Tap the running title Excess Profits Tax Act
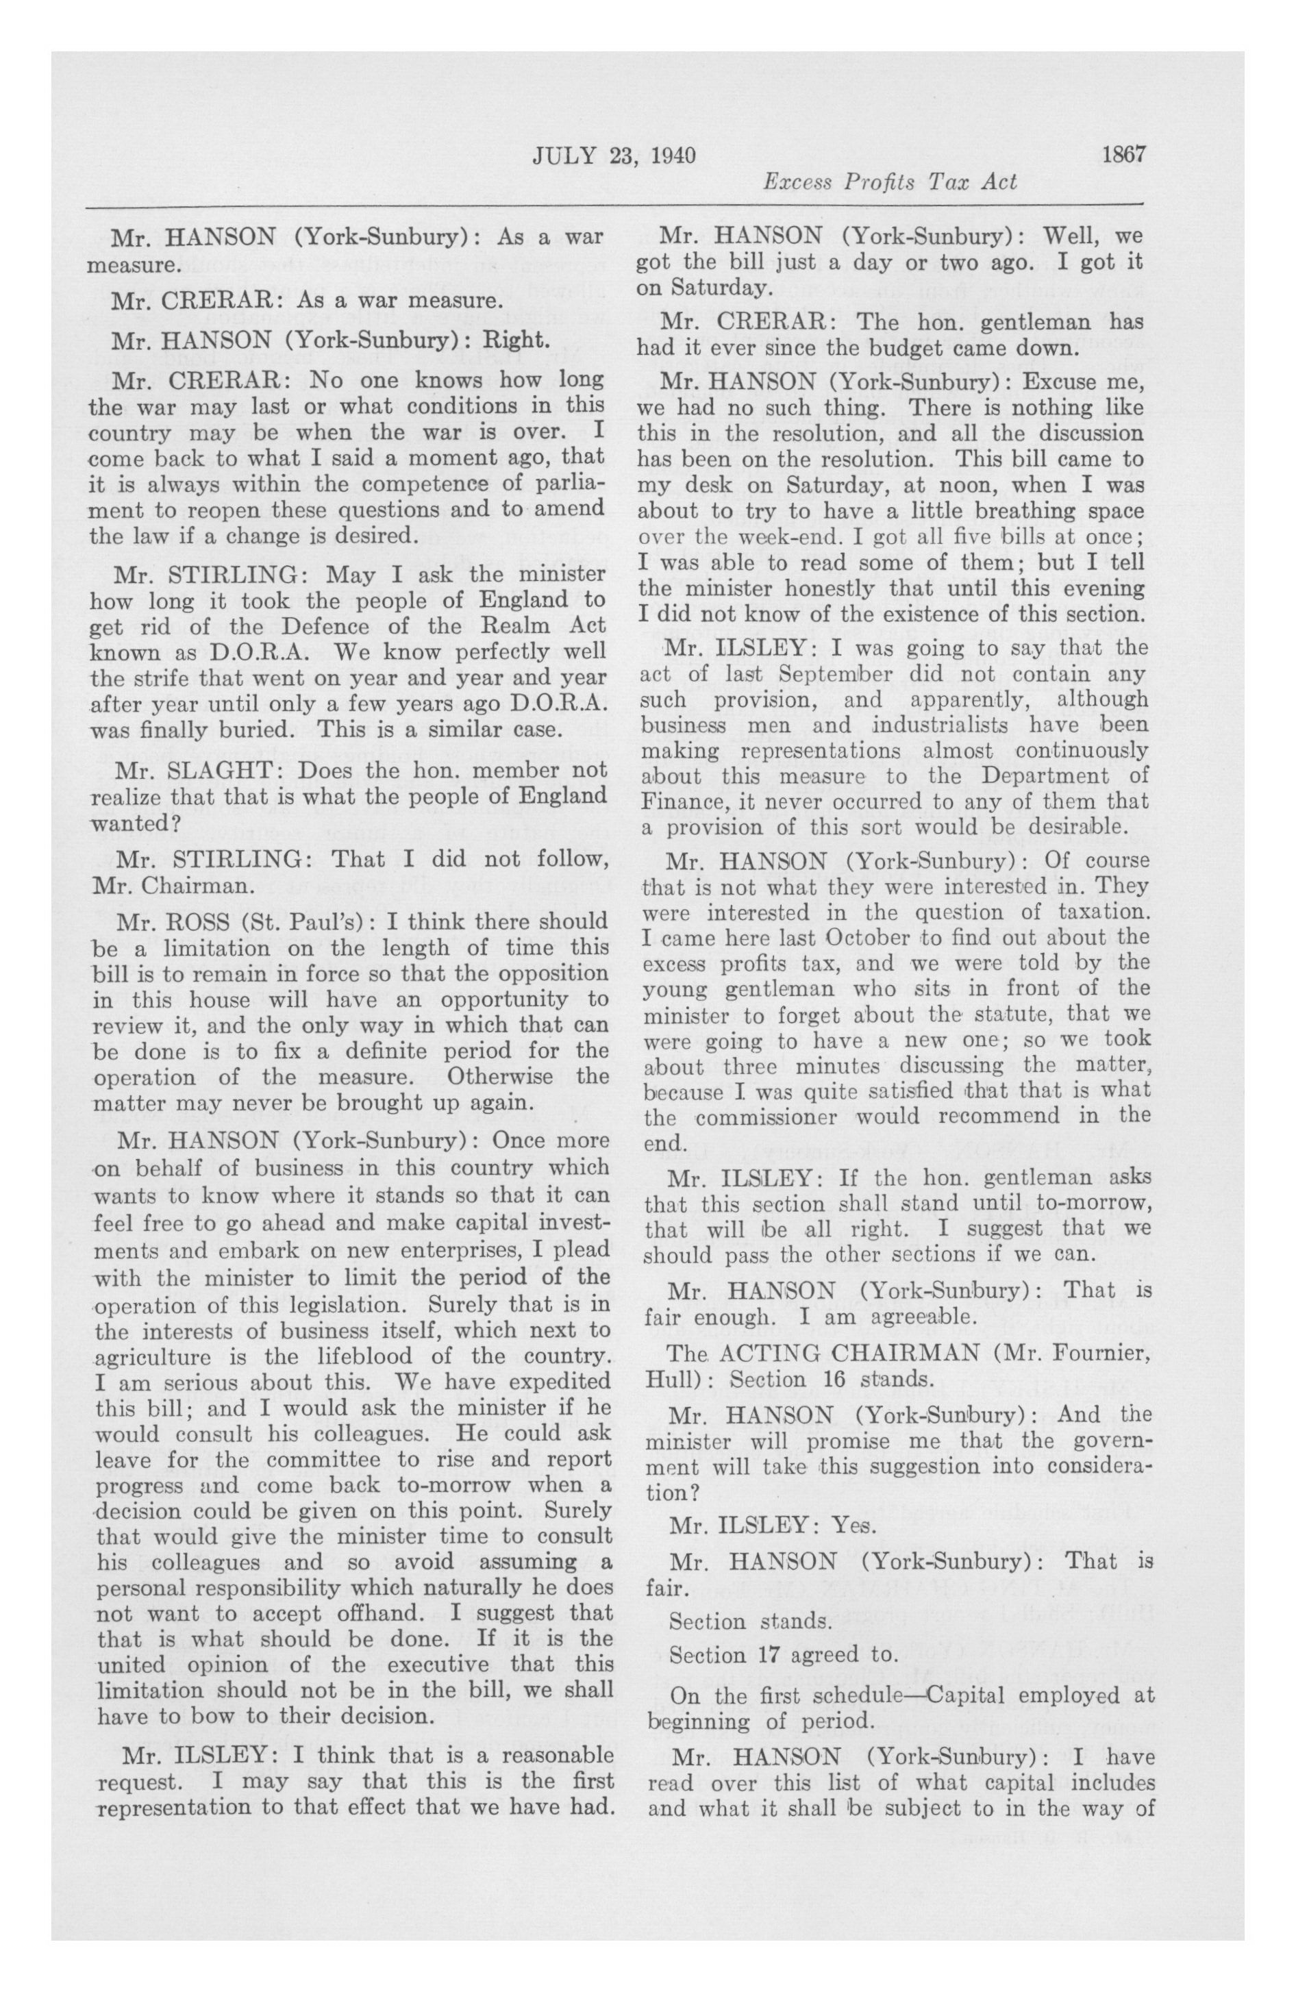pyautogui.click(x=890, y=182)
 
